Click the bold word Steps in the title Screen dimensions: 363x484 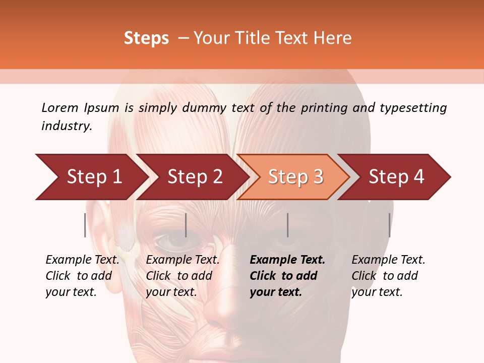click(146, 38)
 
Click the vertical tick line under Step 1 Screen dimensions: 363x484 click(85, 225)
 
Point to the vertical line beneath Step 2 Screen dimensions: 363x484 click(186, 225)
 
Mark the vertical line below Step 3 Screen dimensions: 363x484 click(287, 225)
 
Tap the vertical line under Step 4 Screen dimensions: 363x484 click(389, 225)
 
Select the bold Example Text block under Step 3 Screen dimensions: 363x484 click(287, 276)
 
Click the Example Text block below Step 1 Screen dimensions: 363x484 click(82, 276)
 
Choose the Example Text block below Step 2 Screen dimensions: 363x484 click(183, 276)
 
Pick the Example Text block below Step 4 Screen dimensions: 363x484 click(388, 276)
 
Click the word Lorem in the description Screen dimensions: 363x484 click(60, 107)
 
